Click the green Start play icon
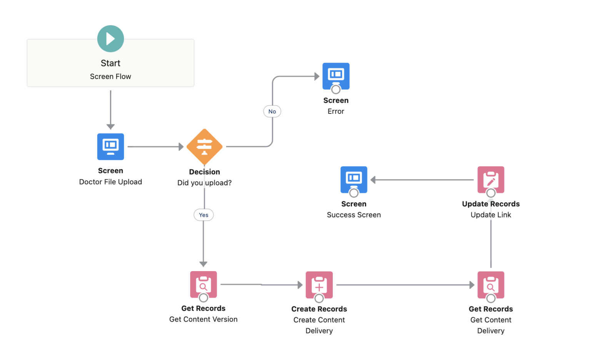[x=110, y=39]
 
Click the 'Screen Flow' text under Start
[x=110, y=76]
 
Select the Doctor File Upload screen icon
[x=110, y=146]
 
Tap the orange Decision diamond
[x=204, y=147]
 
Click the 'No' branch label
[x=272, y=111]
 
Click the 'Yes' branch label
[x=204, y=215]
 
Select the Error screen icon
[x=336, y=75]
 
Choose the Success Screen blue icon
[x=354, y=179]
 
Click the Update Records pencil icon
[x=491, y=179]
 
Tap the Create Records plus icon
[x=319, y=285]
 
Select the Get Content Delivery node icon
[x=491, y=285]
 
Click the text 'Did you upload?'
[x=204, y=183]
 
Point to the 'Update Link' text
[x=491, y=215]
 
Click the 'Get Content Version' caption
[x=203, y=319]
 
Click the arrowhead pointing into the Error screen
[x=317, y=76]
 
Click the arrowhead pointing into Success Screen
[x=373, y=180]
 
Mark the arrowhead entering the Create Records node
[x=300, y=285]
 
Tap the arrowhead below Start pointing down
[x=110, y=127]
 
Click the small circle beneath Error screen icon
[x=336, y=89]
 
